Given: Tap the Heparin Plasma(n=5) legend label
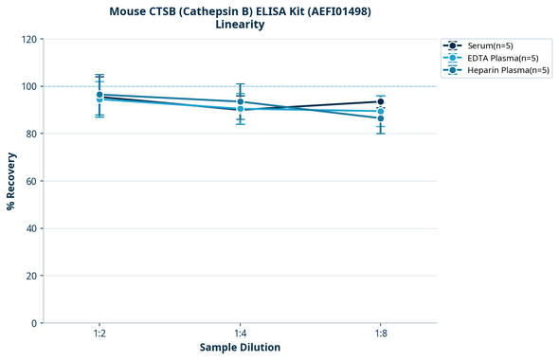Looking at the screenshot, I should coord(499,70).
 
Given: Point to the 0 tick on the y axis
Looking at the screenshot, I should coord(34,323).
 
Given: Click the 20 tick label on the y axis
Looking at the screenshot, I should coord(31,276).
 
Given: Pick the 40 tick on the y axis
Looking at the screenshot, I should coord(31,228).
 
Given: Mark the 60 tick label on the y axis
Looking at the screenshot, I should coord(31,181).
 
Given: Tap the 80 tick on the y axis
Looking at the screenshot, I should coord(31,134).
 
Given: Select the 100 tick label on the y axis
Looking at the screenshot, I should coord(29,86).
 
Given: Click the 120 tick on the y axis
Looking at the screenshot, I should coord(29,39).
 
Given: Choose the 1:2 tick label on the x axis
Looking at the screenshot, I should coord(99,333).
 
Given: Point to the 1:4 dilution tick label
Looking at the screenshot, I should coord(240,333).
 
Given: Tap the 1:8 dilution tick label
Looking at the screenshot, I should coord(381,333).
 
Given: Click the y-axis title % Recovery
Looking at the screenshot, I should coord(11,181).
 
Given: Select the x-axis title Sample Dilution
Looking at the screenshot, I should coord(240,348).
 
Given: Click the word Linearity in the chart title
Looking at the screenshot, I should coord(240,25).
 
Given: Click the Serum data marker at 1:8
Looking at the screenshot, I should coord(381,101).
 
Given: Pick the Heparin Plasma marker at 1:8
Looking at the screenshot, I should coord(381,118).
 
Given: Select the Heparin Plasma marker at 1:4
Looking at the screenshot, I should coord(240,101).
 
